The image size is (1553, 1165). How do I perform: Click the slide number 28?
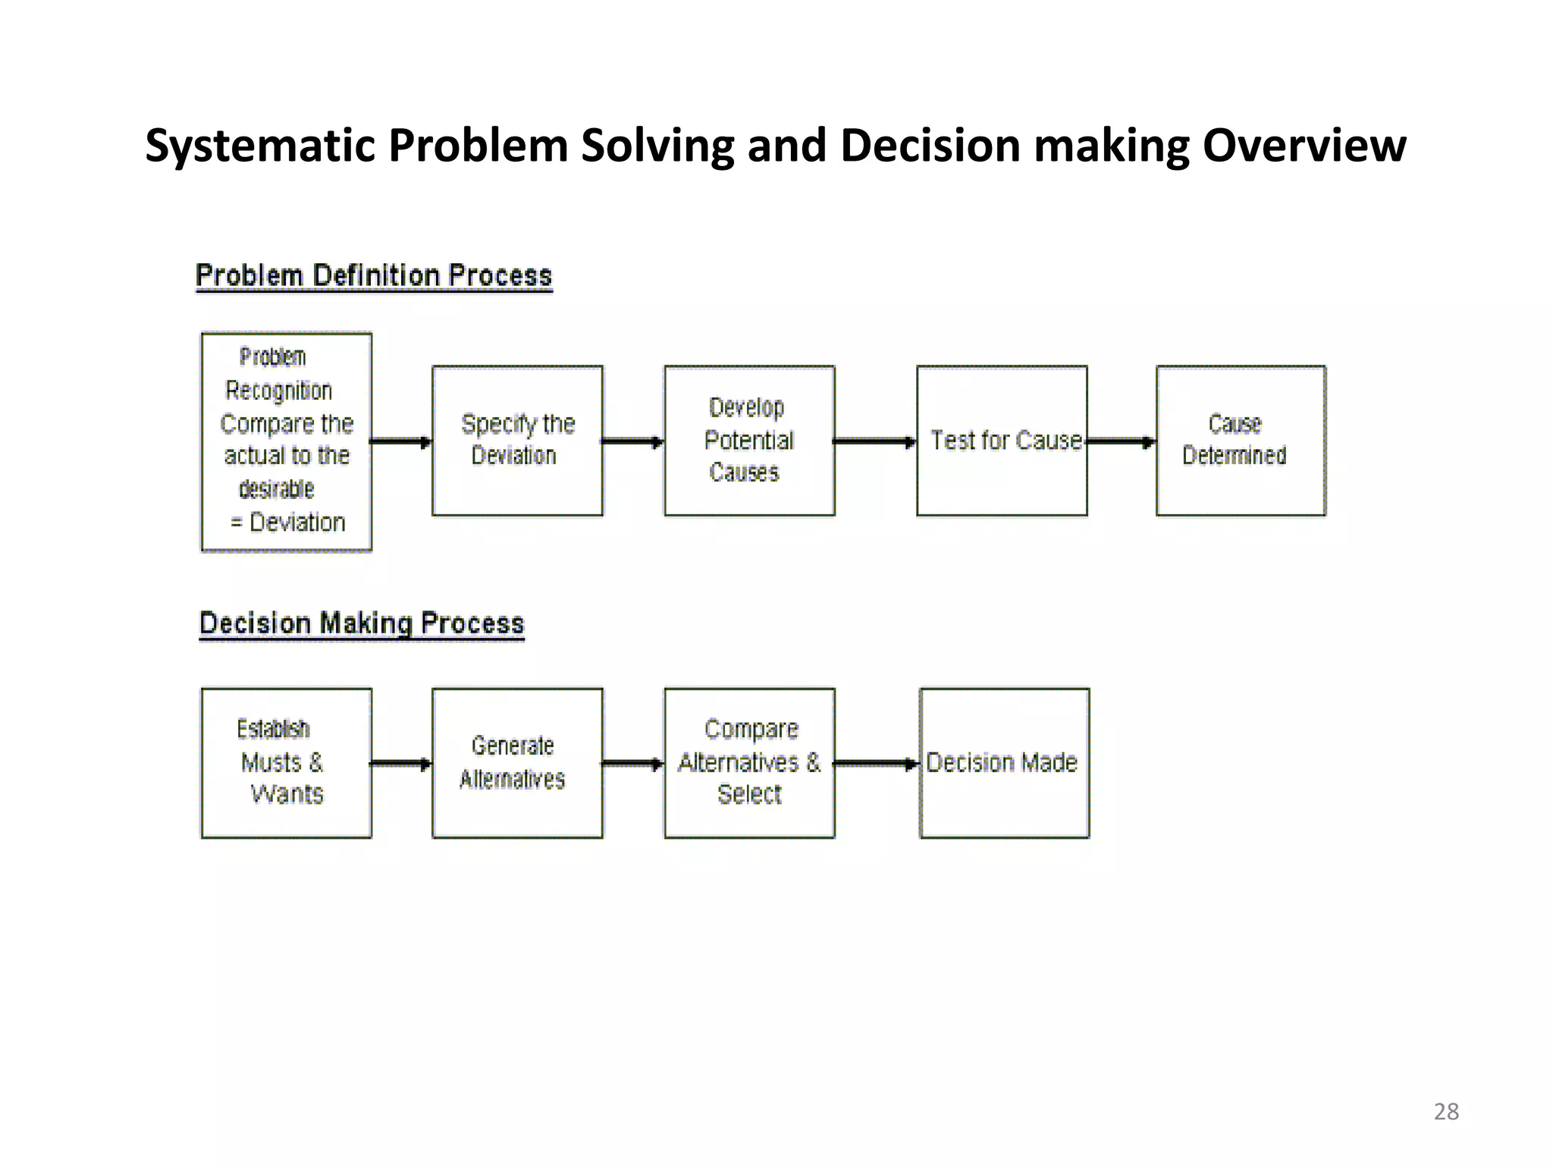pos(1446,1111)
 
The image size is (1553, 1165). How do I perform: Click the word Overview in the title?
pos(1304,145)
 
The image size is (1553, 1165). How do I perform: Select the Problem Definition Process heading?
pos(374,275)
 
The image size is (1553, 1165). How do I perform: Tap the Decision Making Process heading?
pos(362,623)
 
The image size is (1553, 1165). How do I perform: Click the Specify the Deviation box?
pos(517,441)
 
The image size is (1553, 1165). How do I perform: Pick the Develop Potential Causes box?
pos(749,441)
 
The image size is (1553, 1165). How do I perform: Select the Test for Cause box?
pos(1002,441)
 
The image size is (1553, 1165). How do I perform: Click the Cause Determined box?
pos(1241,441)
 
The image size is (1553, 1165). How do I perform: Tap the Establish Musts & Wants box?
pos(286,763)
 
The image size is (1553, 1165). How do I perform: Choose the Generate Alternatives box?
pos(517,763)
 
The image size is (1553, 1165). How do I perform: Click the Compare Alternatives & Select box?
pos(749,763)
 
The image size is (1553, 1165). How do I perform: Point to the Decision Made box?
pos(1004,763)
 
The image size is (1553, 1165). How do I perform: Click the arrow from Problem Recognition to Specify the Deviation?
pos(401,441)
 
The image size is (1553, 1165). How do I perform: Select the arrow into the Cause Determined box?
pos(1121,441)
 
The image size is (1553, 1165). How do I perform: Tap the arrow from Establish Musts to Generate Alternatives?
pos(401,764)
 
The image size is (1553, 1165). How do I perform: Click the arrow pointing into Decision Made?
pos(877,764)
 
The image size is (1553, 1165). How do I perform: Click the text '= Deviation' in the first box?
pos(288,523)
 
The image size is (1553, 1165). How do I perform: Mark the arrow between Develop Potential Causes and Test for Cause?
pos(875,441)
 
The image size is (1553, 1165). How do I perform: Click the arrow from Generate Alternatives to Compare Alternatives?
pos(633,764)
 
